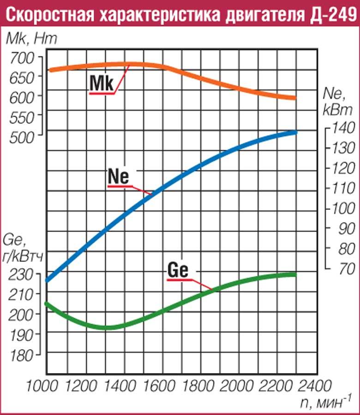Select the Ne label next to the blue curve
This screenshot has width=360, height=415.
(119, 176)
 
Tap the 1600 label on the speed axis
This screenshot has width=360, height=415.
(168, 385)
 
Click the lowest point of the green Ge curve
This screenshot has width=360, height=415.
(107, 327)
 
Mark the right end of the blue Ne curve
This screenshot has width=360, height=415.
(294, 132)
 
